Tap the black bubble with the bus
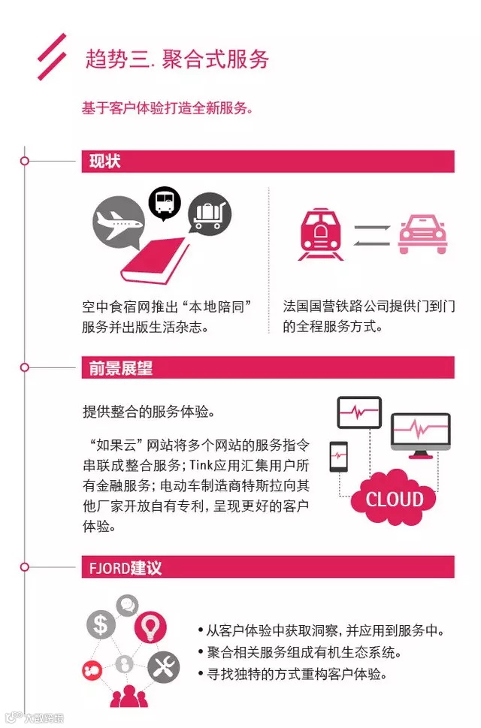(165, 201)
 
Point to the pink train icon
(320, 233)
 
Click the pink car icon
(422, 233)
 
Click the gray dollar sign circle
(100, 624)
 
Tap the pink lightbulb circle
(150, 626)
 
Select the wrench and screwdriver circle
(164, 666)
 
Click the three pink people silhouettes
(126, 696)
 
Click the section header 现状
(104, 162)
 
